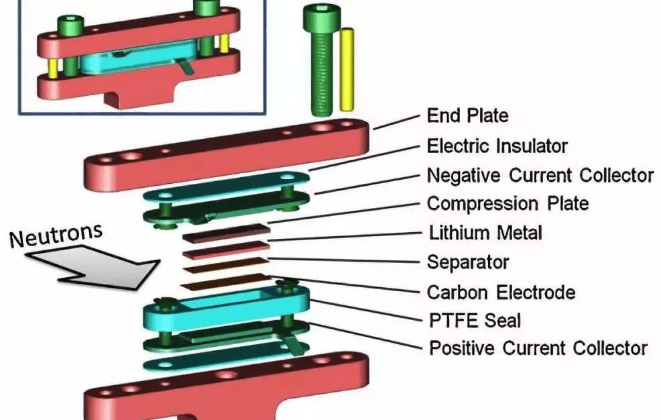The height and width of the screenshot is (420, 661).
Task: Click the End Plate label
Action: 467,115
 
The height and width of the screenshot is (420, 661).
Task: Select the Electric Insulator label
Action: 497,146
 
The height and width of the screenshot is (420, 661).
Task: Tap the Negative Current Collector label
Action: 540,175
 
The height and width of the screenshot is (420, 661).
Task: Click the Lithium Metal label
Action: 485,233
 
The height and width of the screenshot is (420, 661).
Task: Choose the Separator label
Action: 468,262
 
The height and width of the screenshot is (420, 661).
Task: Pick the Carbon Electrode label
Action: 501,292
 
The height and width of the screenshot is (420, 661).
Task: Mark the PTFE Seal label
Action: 474,320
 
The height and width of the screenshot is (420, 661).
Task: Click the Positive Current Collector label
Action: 538,348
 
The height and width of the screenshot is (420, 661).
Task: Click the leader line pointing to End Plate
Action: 396,121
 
